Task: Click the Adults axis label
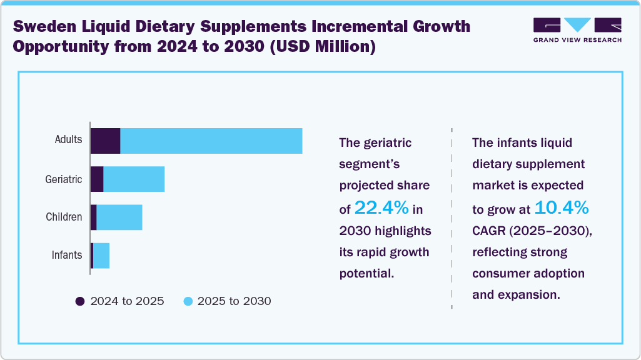[68, 140]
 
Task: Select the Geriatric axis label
[63, 179]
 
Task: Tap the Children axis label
[64, 217]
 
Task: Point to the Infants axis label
[66, 256]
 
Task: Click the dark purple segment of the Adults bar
[105, 141]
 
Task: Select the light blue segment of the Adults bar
[211, 141]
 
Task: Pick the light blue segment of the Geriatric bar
[134, 179]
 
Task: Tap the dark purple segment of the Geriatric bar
[97, 179]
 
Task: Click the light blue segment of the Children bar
[119, 217]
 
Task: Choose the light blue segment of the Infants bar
[101, 256]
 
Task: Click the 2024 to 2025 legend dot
[80, 301]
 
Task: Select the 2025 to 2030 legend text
[234, 301]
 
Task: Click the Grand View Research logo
[577, 30]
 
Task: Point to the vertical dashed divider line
[452, 219]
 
